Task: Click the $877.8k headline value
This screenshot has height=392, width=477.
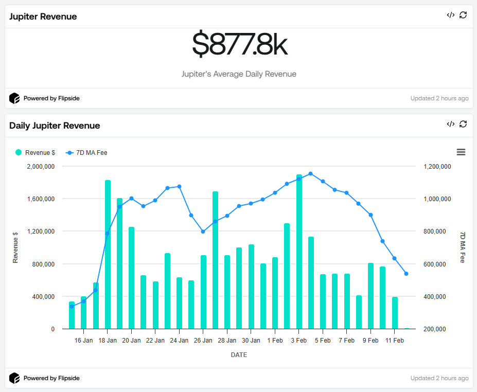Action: [x=239, y=45]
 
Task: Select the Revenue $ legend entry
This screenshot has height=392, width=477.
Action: [x=36, y=152]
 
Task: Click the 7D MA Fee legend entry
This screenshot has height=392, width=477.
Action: [x=87, y=152]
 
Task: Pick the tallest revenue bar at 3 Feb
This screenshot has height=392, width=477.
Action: [x=299, y=252]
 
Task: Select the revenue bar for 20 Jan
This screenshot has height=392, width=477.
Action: [x=132, y=278]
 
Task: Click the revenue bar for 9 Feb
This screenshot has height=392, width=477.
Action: [x=370, y=296]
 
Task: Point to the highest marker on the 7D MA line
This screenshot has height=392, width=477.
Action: [x=311, y=174]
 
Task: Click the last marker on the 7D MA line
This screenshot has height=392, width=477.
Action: [x=406, y=274]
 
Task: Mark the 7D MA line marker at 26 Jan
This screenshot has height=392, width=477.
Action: [x=203, y=231]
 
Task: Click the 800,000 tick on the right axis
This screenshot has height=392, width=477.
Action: [x=437, y=231]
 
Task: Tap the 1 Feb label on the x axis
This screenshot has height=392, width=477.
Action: [x=275, y=341]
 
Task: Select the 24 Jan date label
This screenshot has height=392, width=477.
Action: [x=180, y=341]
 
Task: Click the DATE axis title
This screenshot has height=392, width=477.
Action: [x=239, y=355]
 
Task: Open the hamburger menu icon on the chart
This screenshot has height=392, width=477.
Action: [x=461, y=152]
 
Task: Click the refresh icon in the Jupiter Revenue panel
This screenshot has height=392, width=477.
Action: [x=463, y=15]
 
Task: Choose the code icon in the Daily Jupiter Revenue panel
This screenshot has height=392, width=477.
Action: [x=450, y=124]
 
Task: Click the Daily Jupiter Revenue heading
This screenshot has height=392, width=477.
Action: [x=55, y=126]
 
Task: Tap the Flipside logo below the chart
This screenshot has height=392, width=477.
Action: [x=14, y=378]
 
